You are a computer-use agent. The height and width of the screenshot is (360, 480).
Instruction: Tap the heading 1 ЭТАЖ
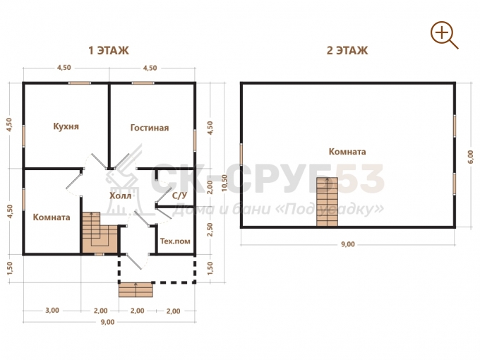(109, 51)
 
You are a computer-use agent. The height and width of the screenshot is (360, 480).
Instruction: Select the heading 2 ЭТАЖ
(347, 51)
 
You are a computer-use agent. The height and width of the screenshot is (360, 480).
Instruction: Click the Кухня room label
(66, 126)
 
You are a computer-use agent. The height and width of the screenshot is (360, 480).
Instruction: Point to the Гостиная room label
(150, 128)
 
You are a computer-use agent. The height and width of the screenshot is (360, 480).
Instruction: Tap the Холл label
(120, 196)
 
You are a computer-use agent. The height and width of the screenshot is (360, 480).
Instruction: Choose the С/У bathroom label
(179, 196)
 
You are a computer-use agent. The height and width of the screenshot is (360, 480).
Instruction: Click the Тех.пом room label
(175, 241)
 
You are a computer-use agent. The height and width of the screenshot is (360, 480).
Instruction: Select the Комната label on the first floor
(52, 217)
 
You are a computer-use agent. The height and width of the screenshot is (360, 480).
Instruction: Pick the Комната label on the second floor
(347, 152)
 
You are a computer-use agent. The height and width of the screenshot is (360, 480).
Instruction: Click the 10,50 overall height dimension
(224, 183)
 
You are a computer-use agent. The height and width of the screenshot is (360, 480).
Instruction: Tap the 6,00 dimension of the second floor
(471, 157)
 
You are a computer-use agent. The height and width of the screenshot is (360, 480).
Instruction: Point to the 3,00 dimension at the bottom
(52, 311)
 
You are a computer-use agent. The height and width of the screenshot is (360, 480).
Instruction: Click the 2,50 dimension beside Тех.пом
(210, 229)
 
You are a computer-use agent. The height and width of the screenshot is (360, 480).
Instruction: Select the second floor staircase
(327, 202)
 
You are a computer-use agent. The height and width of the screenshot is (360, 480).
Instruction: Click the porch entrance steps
(136, 290)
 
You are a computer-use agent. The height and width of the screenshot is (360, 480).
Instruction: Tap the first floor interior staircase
(100, 233)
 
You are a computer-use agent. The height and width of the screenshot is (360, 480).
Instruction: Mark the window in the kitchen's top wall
(79, 83)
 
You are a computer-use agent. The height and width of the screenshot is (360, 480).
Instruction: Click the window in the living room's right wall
(194, 140)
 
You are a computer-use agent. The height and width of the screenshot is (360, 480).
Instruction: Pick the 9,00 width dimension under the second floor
(348, 244)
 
